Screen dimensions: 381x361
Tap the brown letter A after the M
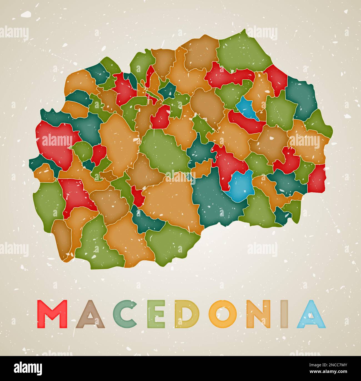tap(90, 314)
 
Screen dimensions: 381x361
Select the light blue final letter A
tap(311, 314)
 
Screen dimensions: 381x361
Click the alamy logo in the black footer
tap(28, 368)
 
